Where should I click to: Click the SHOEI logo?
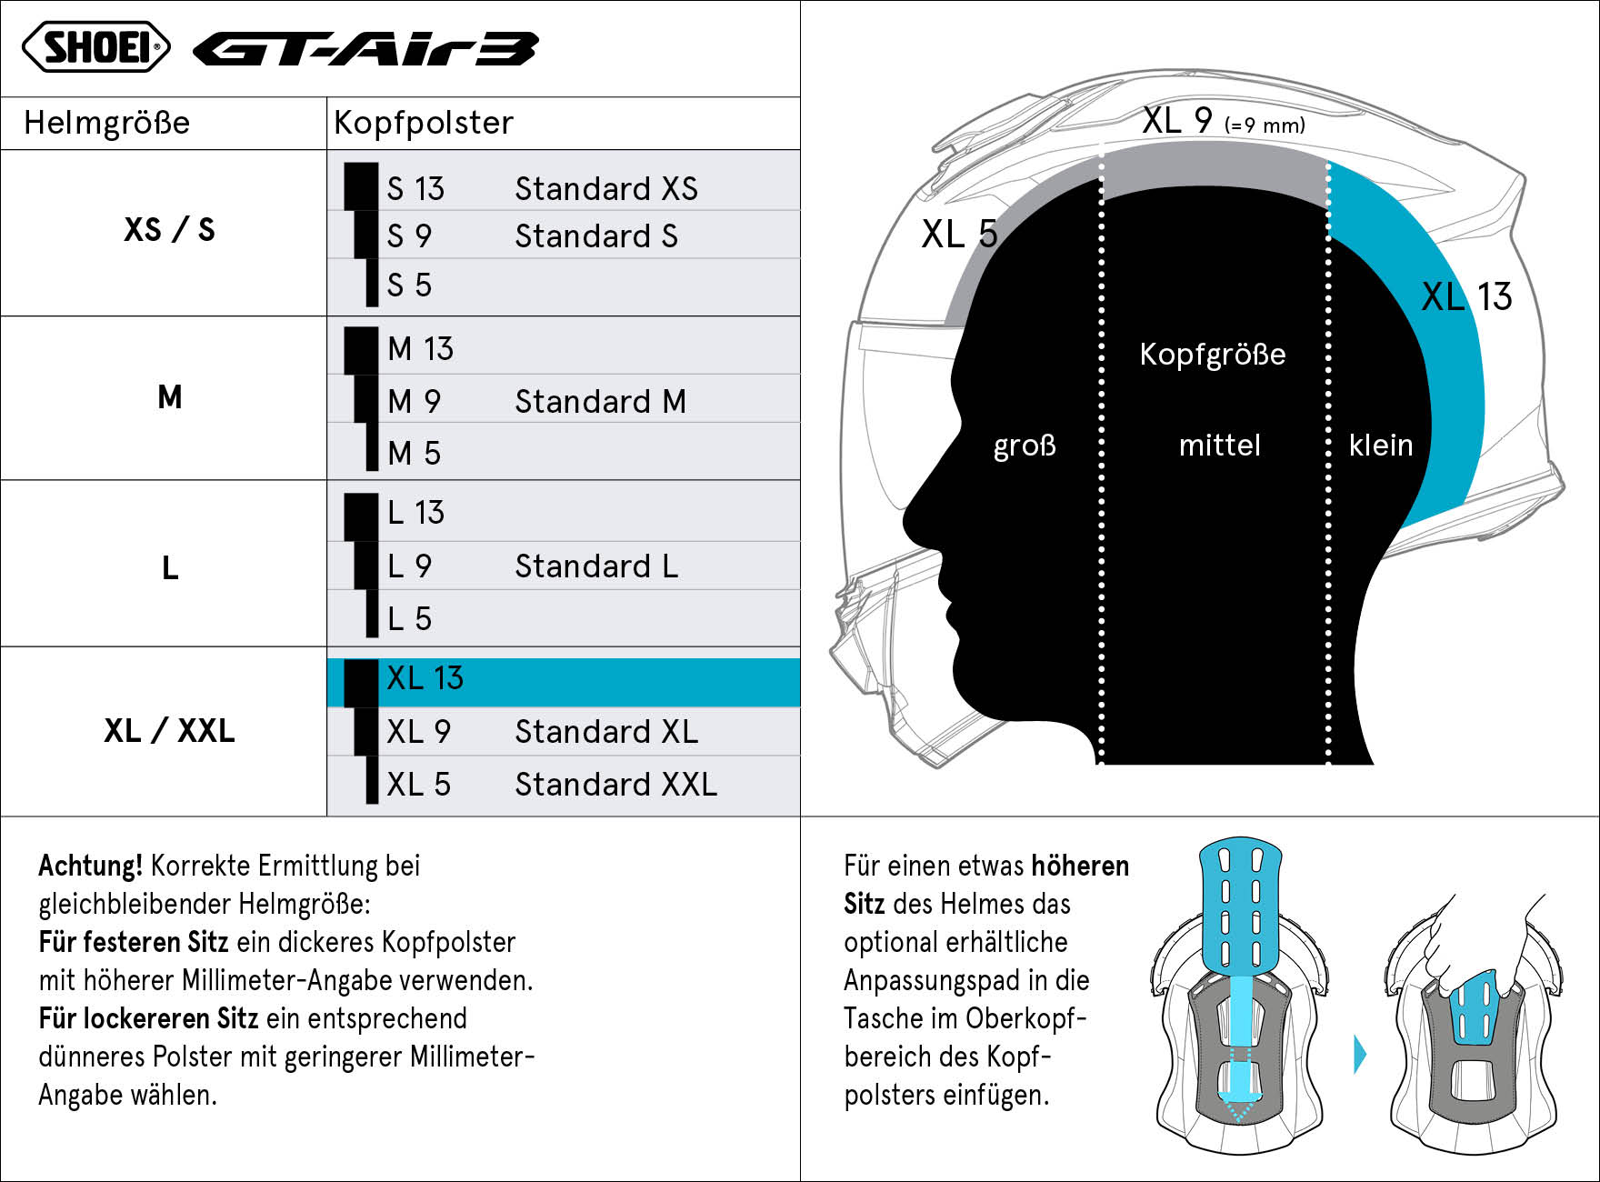point(96,47)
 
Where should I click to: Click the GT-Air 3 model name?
point(366,49)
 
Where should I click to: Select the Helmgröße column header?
point(107,123)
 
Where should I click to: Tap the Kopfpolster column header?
point(424,123)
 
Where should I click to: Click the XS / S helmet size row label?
point(170,229)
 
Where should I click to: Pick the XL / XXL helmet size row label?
point(170,730)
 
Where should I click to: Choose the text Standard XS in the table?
point(606,188)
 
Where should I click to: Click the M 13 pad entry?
point(420,348)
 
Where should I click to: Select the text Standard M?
point(600,401)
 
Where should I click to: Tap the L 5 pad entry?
point(409,618)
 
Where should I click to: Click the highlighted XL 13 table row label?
point(425,678)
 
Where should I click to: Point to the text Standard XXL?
point(616,784)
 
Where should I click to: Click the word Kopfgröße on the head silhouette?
point(1213,354)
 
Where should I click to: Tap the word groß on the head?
point(1025,446)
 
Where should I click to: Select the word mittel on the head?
point(1219,445)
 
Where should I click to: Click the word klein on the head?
point(1381,445)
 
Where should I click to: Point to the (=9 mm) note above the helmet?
point(1265,125)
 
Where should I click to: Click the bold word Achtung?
point(91,866)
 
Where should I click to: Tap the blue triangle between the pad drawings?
point(1360,1055)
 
